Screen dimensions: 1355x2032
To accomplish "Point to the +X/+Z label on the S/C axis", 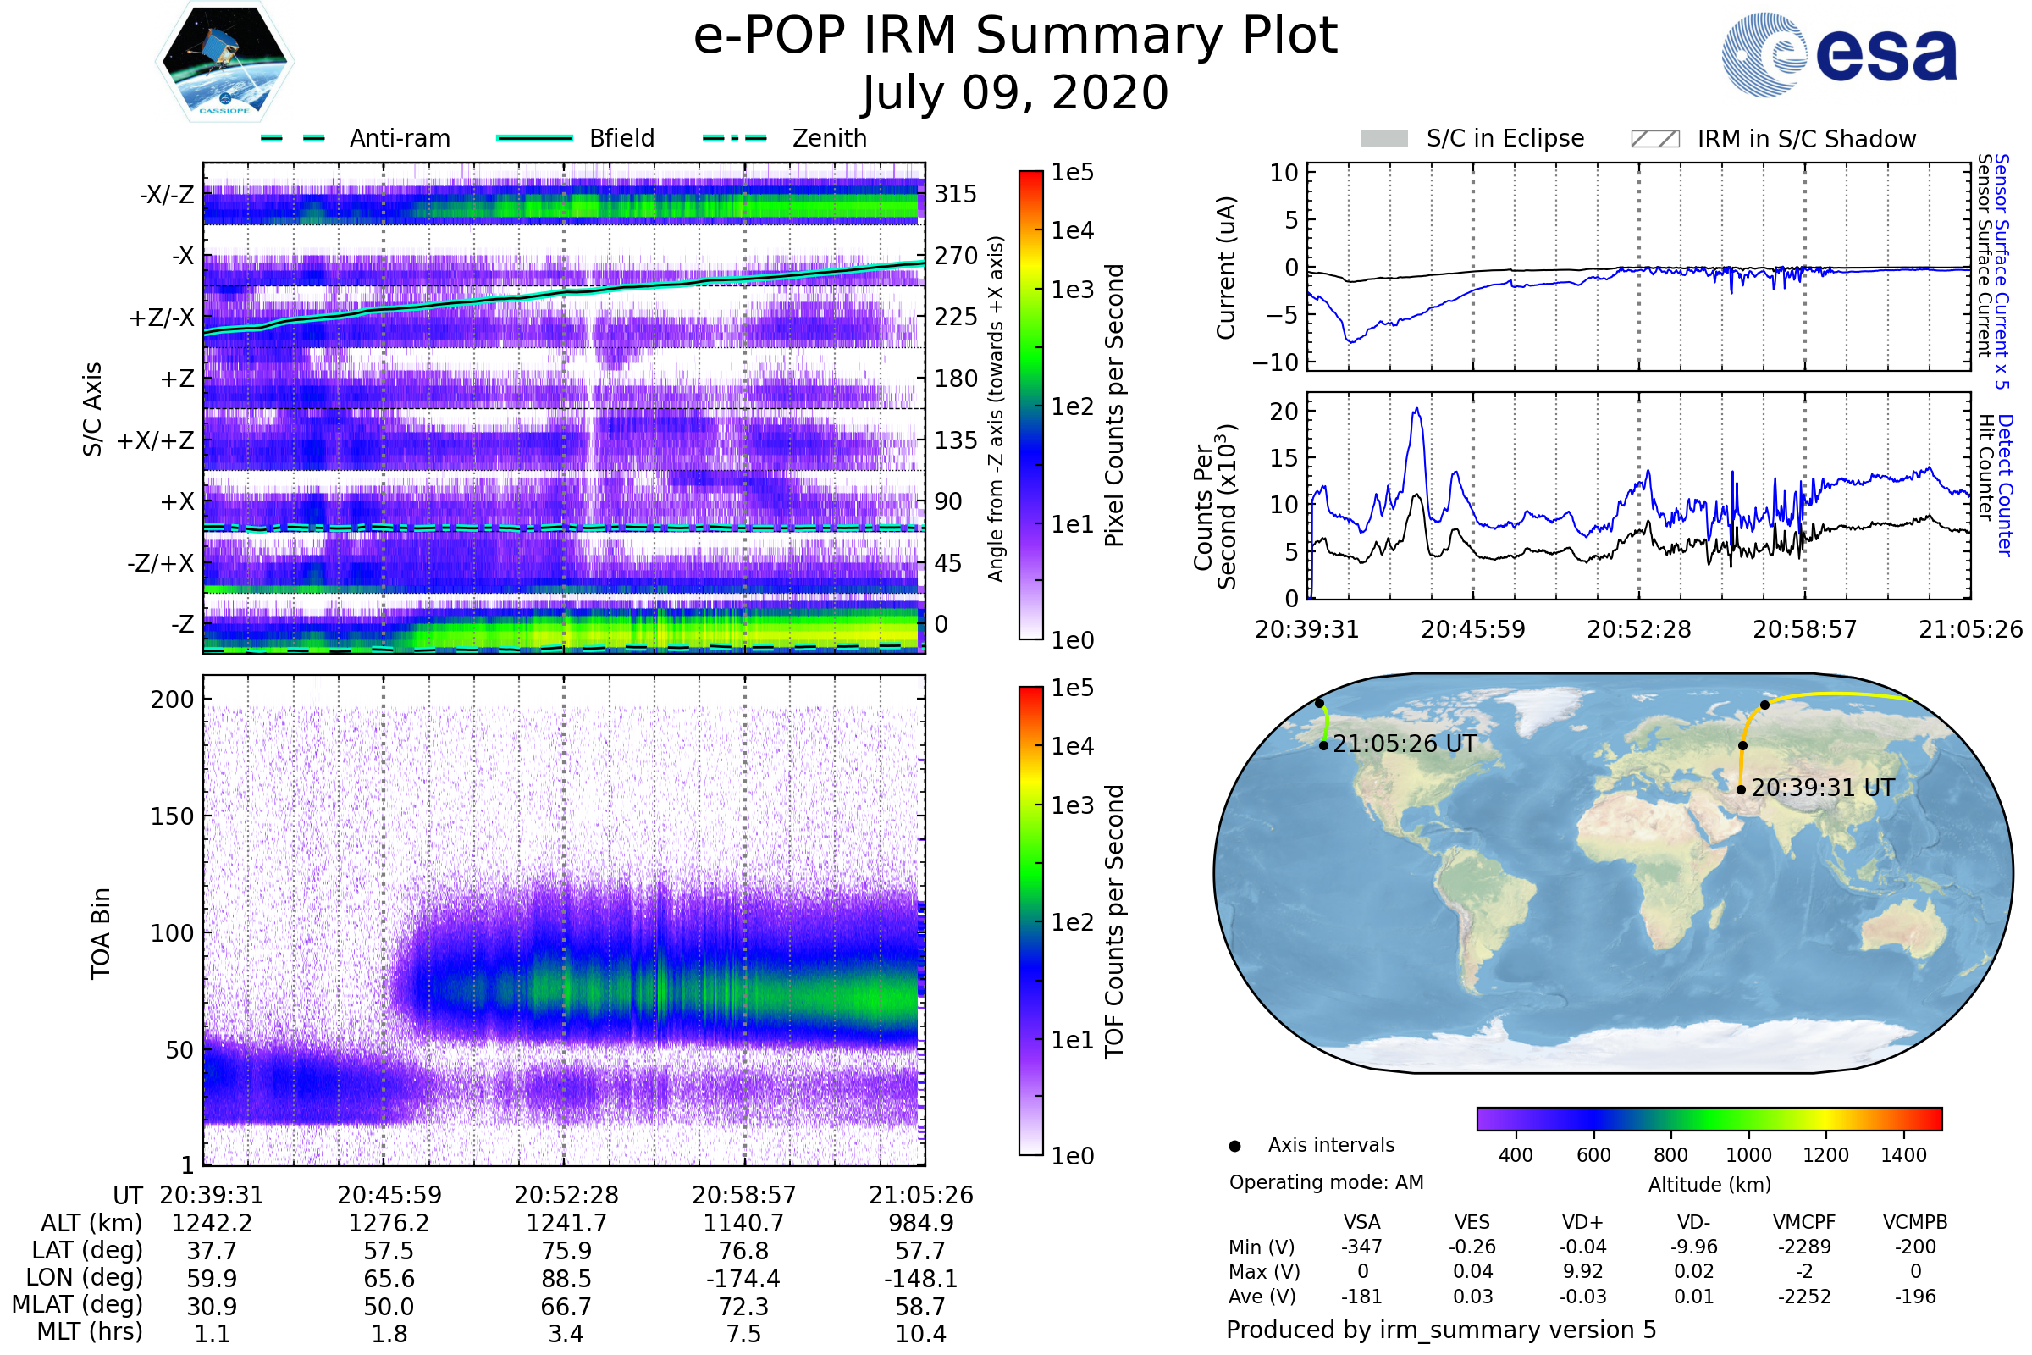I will click(156, 440).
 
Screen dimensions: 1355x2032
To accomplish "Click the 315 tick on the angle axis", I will click(956, 194).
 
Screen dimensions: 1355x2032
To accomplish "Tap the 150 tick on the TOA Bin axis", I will click(172, 816).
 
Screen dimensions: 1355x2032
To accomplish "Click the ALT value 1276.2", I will click(389, 1224).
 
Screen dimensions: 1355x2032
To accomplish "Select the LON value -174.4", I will click(743, 1278).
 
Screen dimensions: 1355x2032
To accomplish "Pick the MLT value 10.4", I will click(921, 1333).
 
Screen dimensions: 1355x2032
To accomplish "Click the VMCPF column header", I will click(1804, 1223).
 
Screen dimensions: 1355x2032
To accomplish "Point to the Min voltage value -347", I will click(1361, 1247).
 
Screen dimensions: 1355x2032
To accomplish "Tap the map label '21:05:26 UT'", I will click(1405, 744).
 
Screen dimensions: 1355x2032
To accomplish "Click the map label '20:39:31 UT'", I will click(1823, 788).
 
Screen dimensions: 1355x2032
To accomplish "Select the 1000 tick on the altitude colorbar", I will click(1748, 1155).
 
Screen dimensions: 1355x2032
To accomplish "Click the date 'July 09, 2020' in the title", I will click(1015, 93).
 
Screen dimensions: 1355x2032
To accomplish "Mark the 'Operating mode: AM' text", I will click(1326, 1182).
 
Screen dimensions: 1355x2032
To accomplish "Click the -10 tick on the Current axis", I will click(1275, 363).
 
